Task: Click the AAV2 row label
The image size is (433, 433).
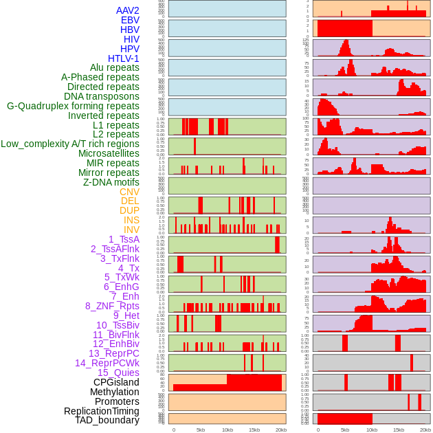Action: pos(127,10)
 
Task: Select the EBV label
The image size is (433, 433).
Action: pos(130,20)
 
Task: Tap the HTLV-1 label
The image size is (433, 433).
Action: pos(123,58)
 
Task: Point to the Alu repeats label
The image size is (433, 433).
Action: pos(114,67)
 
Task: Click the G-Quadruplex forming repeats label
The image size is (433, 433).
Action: pos(73,106)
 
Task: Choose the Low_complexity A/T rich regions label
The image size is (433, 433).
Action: pos(69,144)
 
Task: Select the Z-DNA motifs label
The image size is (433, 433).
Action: pos(111,182)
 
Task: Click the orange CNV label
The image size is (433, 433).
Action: pos(129,192)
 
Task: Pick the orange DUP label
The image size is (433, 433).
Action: pos(129,210)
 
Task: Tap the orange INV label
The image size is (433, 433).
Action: pos(131,230)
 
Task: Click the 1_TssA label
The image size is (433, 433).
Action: pos(124,239)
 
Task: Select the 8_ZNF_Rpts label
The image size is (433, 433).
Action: pos(112,306)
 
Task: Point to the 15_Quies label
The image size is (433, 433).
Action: pos(118,373)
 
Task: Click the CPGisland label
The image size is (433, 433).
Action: pos(116,382)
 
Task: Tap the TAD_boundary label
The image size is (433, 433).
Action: pos(107,420)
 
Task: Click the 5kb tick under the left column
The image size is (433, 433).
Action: pos(201,430)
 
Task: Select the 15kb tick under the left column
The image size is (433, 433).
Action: pos(254,430)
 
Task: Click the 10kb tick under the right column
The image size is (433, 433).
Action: pos(372,430)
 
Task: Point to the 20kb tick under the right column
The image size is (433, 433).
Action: pos(425,430)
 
